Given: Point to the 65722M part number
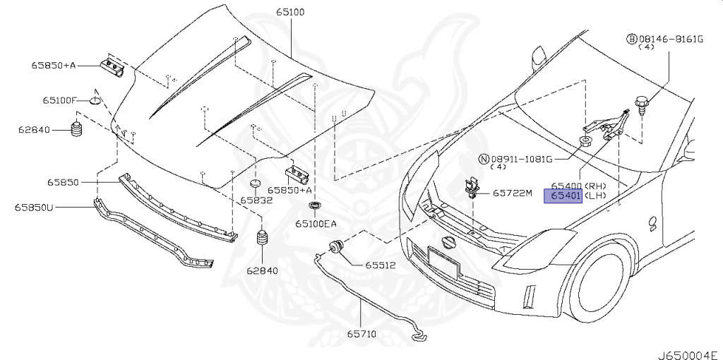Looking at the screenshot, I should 512,192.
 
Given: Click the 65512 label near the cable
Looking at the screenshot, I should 380,266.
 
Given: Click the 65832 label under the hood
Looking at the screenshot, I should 256,200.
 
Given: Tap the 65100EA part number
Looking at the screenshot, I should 316,224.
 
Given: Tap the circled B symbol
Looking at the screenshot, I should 633,38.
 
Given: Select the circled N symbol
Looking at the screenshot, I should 484,159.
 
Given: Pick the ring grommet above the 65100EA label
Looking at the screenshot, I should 314,206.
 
